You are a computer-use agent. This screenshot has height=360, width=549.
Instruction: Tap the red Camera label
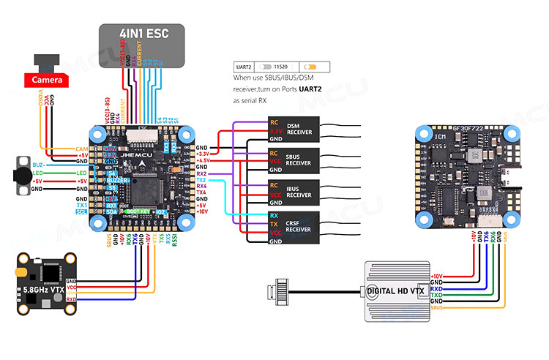click(x=46, y=80)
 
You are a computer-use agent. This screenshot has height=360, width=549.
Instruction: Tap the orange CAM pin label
click(x=82, y=149)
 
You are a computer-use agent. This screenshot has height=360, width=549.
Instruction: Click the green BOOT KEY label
click(x=138, y=212)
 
